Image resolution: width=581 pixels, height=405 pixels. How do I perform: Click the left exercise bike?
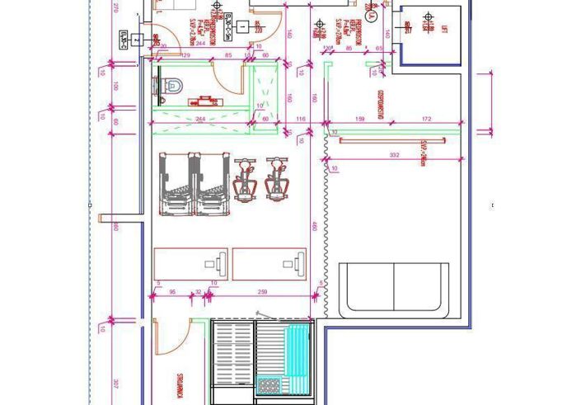tap(244, 179)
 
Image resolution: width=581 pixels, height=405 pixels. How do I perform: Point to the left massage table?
tap(191, 262)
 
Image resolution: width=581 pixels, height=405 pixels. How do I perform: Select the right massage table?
tap(269, 262)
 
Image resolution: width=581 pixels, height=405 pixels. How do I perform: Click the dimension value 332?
tap(394, 155)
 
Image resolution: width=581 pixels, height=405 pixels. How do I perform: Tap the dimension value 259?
tap(262, 292)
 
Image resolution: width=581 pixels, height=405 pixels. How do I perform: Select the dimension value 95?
tap(172, 292)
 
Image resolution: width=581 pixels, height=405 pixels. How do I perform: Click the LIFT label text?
tap(444, 31)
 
